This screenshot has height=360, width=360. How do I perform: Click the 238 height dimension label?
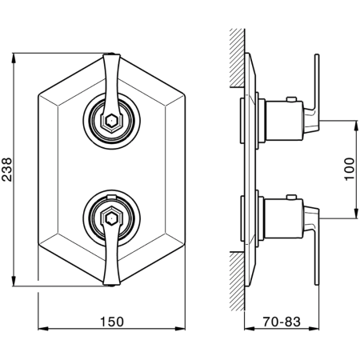coord(6,170)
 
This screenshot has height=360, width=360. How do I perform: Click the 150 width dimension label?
coord(112,322)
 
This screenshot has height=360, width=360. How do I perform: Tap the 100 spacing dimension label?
coord(349,170)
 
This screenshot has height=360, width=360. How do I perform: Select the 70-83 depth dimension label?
coord(282,322)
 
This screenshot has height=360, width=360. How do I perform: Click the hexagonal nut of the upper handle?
coord(110,122)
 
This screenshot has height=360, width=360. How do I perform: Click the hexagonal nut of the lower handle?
coord(110,218)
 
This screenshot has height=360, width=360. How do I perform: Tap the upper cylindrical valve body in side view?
coord(285,121)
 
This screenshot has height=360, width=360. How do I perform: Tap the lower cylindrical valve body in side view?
coord(284,218)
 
